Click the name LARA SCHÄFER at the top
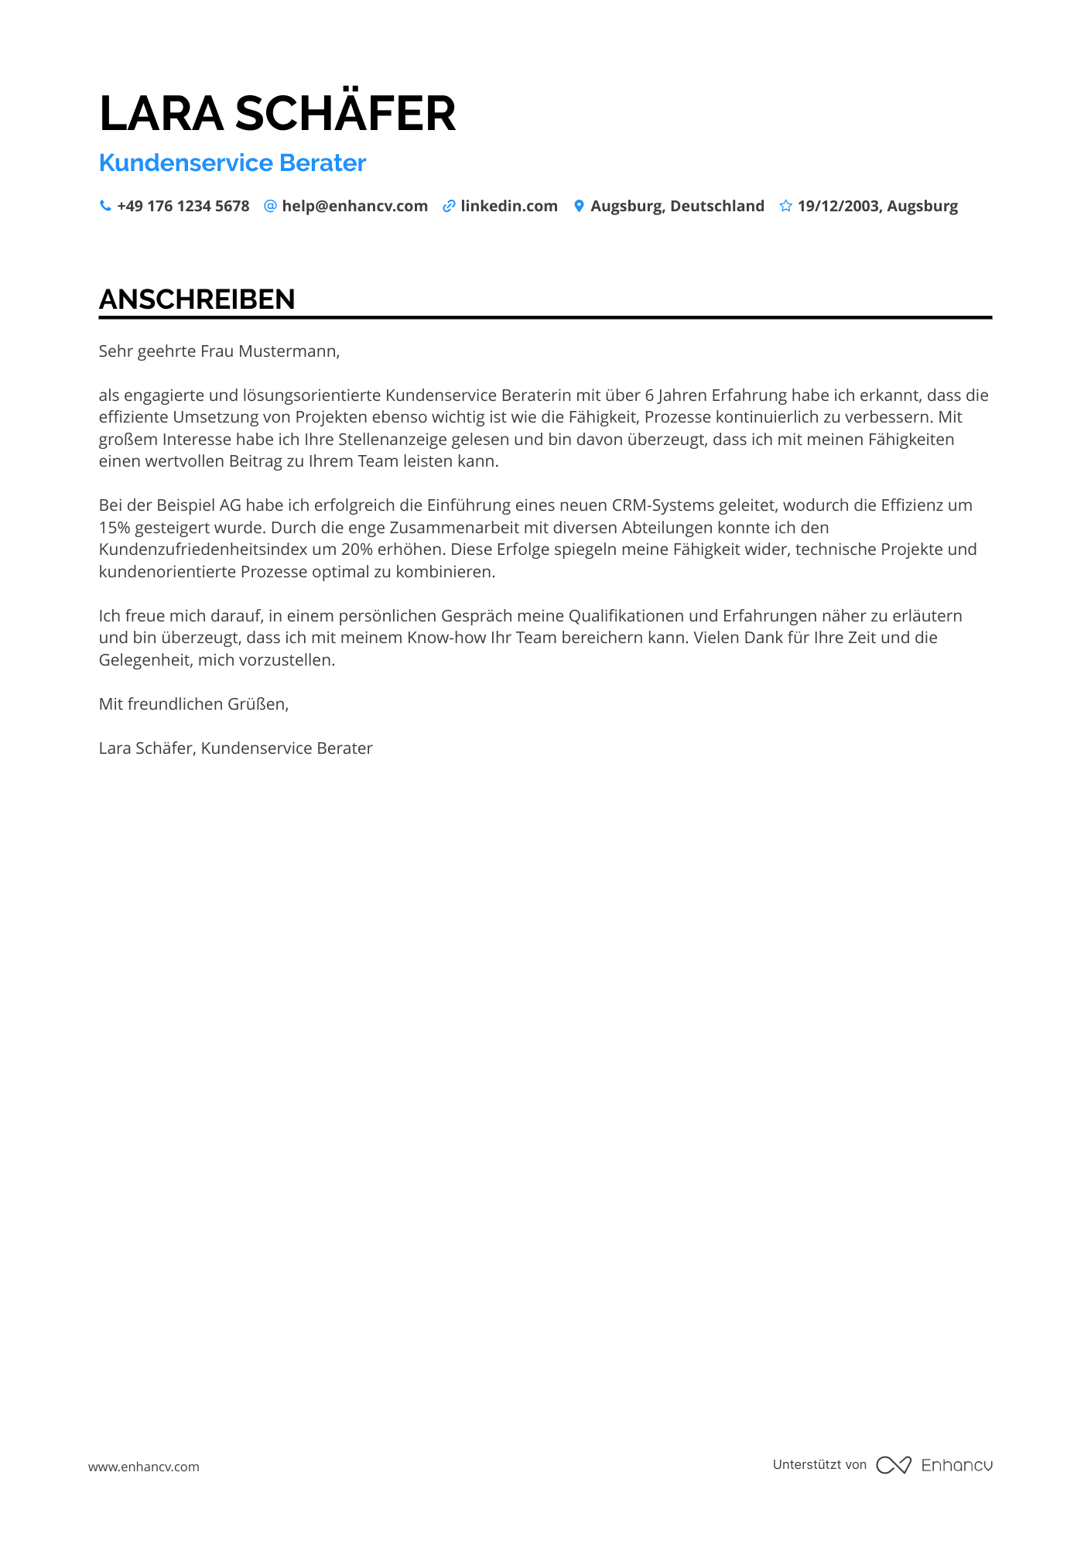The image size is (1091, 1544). coord(277,113)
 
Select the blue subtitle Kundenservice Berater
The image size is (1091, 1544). coord(232,163)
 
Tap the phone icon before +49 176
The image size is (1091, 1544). coord(105,206)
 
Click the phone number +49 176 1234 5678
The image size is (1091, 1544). coord(183,206)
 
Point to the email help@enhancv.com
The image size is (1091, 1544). coord(354,206)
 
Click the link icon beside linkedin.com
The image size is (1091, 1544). coord(448,206)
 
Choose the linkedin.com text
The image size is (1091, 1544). coord(508,206)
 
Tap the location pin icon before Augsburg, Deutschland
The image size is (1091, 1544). coord(578,206)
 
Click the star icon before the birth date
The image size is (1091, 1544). coord(785,206)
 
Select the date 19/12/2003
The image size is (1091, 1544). coord(838,206)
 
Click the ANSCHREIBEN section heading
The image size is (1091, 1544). coord(197,300)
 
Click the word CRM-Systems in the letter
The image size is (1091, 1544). coord(662,505)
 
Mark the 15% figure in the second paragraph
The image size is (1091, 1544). coord(115,528)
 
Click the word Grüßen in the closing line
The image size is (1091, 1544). coord(258,704)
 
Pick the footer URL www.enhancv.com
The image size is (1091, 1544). coord(143,1467)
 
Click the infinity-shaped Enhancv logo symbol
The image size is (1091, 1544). coord(893,1465)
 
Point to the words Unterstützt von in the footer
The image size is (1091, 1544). coord(819,1464)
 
